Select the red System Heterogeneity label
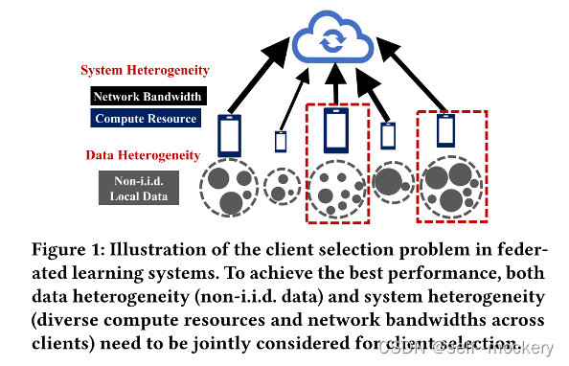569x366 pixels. (144, 70)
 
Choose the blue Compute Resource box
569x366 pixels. (147, 119)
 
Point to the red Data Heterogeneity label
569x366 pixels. (144, 154)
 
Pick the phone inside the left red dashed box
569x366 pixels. (335, 130)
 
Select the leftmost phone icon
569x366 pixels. (230, 135)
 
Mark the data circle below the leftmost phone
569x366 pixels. (228, 188)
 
